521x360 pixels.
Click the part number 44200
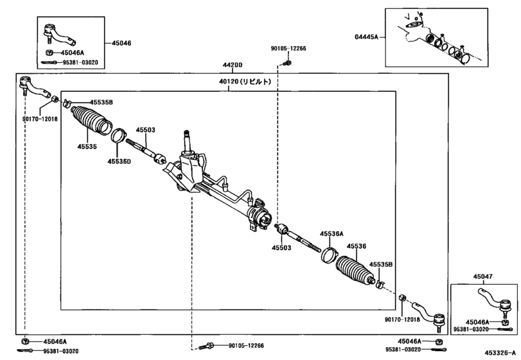(x=233, y=65)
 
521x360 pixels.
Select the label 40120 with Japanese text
(x=245, y=82)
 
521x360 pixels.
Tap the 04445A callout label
(x=366, y=37)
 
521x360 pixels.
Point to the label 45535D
(x=119, y=161)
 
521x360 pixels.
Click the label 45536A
(x=331, y=234)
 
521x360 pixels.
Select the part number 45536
(x=357, y=246)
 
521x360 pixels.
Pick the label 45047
(x=483, y=276)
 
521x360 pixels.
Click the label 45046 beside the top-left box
(x=121, y=43)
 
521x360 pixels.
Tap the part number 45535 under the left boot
(x=87, y=147)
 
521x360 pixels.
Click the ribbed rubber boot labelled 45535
(x=91, y=121)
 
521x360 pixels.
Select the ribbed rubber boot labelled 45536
(x=354, y=271)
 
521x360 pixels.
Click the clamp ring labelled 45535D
(x=119, y=135)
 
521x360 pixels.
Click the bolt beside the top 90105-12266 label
(x=286, y=62)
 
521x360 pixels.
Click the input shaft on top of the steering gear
(x=186, y=141)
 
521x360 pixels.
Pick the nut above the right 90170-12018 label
(x=402, y=297)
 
